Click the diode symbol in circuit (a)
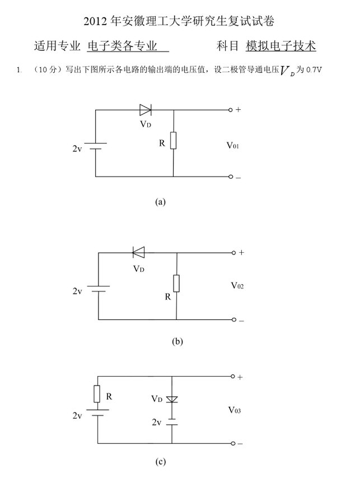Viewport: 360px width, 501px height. point(146,110)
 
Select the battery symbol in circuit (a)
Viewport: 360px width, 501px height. point(96,147)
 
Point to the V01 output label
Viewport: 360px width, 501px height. point(233,145)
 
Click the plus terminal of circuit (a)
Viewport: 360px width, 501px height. point(231,110)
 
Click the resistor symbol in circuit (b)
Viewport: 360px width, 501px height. point(176,284)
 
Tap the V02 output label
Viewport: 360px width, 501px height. point(237,286)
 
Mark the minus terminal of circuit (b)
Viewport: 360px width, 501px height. point(235,320)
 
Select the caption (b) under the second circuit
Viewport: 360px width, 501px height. point(178,341)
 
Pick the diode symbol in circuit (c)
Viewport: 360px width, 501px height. point(172,399)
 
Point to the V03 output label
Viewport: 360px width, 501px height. point(235,410)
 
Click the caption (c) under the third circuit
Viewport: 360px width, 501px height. point(161,462)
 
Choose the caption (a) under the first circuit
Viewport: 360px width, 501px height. point(161,202)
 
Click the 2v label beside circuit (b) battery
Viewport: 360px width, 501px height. point(77,291)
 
